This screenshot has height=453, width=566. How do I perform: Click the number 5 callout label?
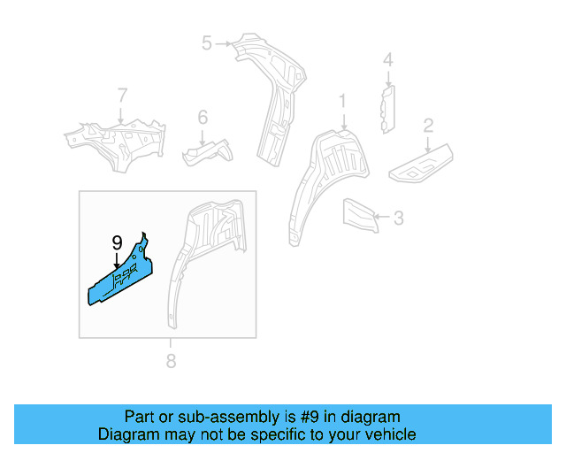(207, 42)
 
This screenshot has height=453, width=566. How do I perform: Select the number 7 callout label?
(122, 96)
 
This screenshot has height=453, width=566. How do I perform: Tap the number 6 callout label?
(202, 117)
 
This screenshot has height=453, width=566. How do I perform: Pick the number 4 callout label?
(386, 60)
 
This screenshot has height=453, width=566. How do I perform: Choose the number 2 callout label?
(427, 125)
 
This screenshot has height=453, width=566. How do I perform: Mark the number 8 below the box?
(172, 360)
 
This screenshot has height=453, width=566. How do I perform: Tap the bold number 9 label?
(117, 243)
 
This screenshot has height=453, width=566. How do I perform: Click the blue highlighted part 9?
(124, 275)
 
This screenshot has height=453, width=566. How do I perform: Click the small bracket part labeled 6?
(208, 153)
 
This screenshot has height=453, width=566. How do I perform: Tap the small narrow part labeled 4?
(387, 108)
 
